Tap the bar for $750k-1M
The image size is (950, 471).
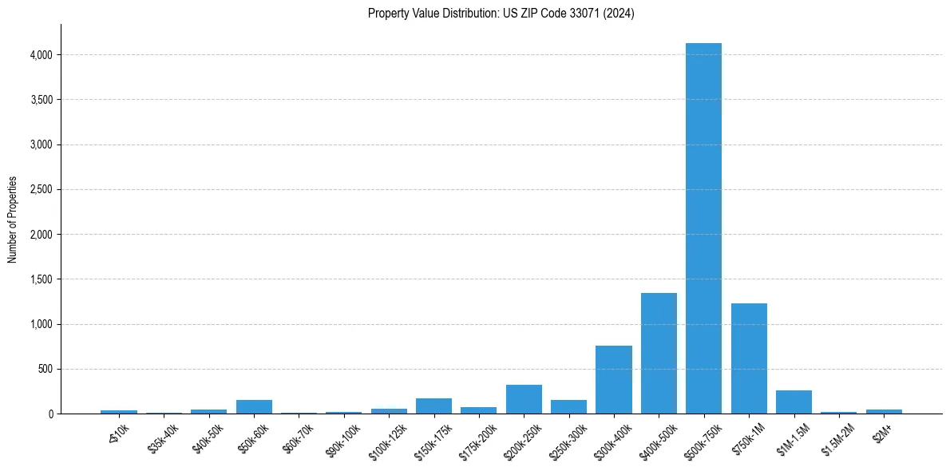coord(749,358)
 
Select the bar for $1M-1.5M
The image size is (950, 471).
coord(794,402)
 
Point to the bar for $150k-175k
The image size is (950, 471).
coord(433,406)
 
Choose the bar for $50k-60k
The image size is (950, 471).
coord(254,406)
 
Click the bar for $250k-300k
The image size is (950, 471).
coord(568,406)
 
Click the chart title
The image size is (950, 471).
coord(501,14)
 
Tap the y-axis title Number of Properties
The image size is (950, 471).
coord(13,220)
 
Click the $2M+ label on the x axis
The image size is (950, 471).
coord(882,427)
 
